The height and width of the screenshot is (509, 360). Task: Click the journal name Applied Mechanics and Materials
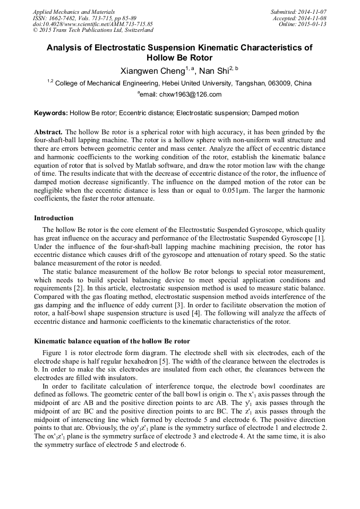point(73,12)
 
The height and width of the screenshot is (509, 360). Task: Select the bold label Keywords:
point(51,113)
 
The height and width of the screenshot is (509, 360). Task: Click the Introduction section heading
point(54,218)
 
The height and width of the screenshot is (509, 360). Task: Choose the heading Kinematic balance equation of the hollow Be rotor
point(112,341)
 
